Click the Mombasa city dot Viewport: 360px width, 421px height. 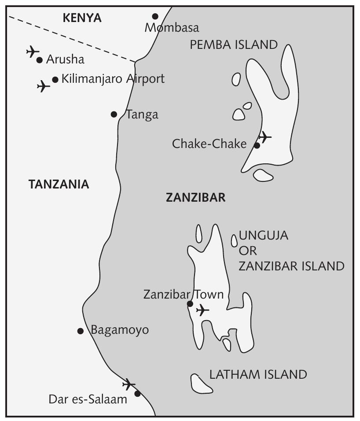[155, 16]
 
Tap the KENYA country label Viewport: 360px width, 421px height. [82, 18]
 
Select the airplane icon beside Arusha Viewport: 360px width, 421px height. [32, 52]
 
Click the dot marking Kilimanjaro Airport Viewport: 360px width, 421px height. [55, 80]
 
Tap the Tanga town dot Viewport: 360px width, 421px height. [114, 114]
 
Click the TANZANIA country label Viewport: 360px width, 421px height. [59, 185]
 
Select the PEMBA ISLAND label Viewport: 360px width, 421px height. [234, 44]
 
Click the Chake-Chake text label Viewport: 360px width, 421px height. [209, 144]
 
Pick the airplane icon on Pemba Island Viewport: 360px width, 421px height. [264, 137]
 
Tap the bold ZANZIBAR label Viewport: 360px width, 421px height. [195, 198]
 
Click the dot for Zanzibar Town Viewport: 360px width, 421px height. [190, 303]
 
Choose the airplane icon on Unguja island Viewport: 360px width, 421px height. [202, 310]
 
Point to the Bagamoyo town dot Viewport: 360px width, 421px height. [81, 331]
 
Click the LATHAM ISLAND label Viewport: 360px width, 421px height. [258, 375]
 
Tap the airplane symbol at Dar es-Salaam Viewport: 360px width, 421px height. [129, 384]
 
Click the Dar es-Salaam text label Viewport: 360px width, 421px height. [88, 399]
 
